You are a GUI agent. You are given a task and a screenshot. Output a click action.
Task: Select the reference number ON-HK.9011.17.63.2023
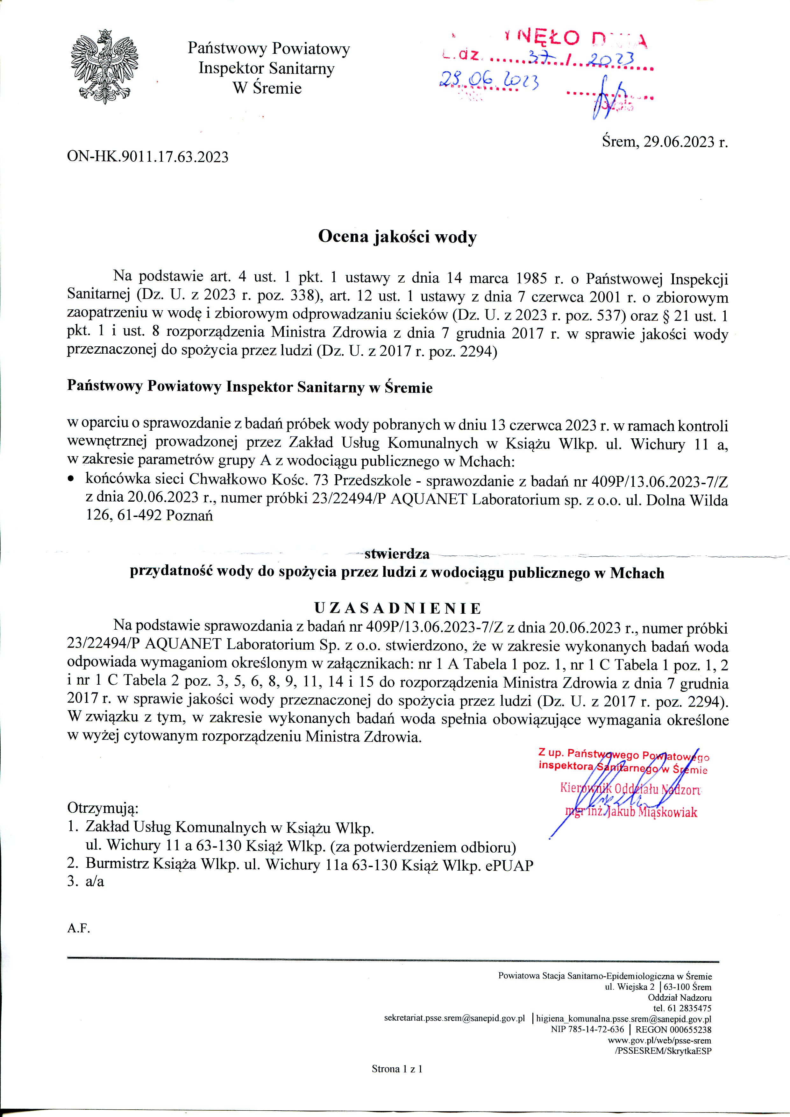(147, 157)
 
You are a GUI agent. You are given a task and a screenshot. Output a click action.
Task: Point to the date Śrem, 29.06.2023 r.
(665, 142)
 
